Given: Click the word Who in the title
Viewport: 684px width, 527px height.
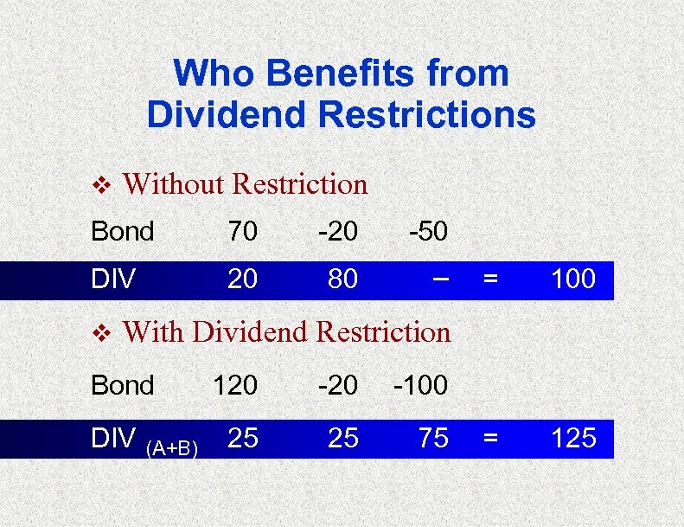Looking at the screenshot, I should pos(207,74).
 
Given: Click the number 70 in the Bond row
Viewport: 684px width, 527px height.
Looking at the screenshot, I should pos(242,232).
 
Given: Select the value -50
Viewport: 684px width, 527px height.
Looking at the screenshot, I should pos(428,232).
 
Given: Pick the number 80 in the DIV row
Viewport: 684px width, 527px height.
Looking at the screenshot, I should pos(342,280).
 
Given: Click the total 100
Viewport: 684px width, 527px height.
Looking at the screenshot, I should pos(573,280).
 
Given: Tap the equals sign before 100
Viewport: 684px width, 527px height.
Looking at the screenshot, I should pos(490,280).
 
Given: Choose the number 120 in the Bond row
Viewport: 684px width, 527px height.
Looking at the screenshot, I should pos(234,385).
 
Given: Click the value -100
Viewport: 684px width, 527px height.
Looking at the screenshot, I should pos(420,385).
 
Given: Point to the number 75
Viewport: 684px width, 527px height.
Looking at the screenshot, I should pos(433,439).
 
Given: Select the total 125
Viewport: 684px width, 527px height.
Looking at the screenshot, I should pos(573,439).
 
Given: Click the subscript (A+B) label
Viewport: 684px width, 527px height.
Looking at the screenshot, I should pos(173,447).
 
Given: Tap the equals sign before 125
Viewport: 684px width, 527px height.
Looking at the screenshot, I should pos(490,439).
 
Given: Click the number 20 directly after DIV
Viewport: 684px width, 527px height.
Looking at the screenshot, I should pos(242,280).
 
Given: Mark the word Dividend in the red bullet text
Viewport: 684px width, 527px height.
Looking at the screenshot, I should pos(251,332).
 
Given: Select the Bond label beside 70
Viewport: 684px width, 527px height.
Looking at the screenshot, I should pos(123,232).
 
